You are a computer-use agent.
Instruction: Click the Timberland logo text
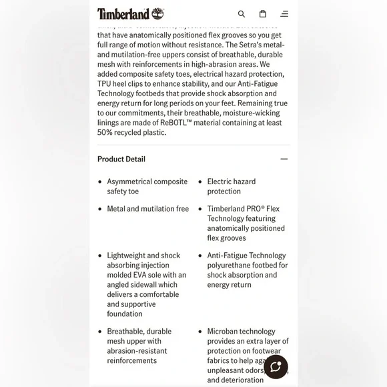123,14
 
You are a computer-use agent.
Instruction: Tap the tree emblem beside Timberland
157,13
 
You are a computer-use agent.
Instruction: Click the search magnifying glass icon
242,14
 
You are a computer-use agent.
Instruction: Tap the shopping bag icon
263,14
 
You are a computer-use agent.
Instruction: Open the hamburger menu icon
284,14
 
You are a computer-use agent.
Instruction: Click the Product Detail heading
121,159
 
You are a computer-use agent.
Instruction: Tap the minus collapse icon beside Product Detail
284,159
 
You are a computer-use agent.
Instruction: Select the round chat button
276,367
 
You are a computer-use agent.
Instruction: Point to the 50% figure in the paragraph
105,133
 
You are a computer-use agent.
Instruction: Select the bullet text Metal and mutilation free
147,209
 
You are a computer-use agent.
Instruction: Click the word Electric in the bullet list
220,181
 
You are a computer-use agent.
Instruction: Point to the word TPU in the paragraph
104,83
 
